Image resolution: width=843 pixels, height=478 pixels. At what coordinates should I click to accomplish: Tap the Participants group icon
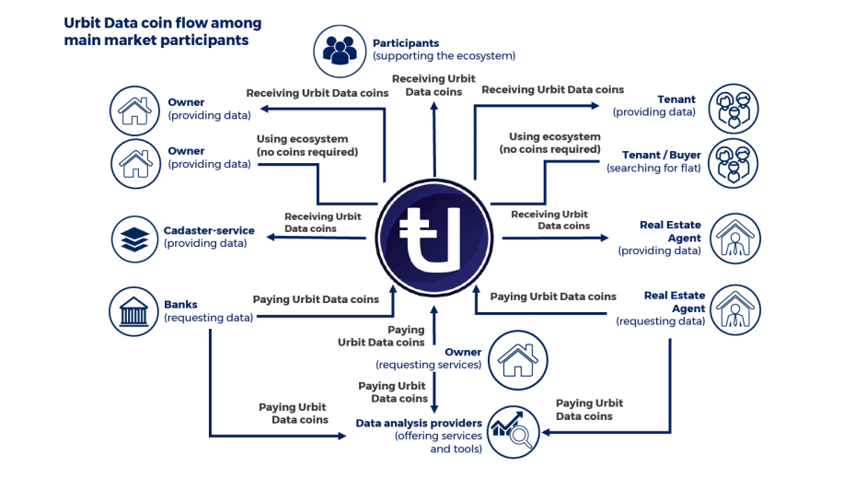coord(340,50)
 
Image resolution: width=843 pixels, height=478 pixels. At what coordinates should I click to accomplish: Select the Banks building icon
coord(135,310)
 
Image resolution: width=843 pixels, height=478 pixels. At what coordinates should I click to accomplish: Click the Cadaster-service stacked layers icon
coord(135,238)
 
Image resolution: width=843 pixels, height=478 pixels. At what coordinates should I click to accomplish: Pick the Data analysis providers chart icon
coord(512,429)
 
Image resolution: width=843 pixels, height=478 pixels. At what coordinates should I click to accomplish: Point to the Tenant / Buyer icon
coord(733,162)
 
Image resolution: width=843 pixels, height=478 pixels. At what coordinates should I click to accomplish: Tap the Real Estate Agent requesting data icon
coord(733,309)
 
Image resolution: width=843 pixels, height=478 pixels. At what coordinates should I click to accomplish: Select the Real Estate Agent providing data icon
coord(733,238)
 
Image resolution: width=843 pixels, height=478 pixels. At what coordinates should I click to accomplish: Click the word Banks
coord(181,305)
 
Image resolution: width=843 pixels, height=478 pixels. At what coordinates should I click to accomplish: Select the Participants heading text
coord(406,43)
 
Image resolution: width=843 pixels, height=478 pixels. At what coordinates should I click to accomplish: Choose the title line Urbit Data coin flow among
coord(163,23)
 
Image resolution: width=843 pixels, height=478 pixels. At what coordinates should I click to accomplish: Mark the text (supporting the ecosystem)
coord(444,57)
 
